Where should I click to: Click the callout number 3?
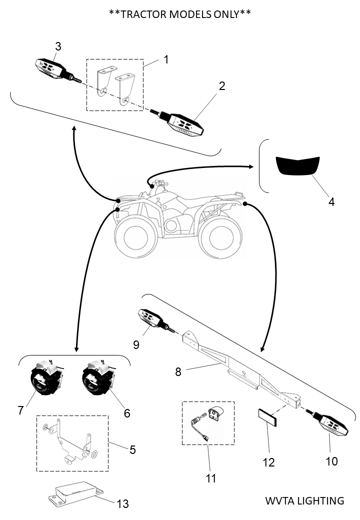tap(58, 46)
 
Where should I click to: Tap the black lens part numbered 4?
tap(298, 165)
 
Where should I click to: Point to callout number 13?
tap(122, 504)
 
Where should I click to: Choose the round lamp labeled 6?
tap(97, 379)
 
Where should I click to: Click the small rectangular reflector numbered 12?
tap(268, 417)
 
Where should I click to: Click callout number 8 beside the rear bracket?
tap(178, 371)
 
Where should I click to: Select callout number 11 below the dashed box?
tap(211, 478)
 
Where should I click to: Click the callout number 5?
tap(132, 449)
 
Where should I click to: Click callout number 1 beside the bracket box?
tap(166, 59)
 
